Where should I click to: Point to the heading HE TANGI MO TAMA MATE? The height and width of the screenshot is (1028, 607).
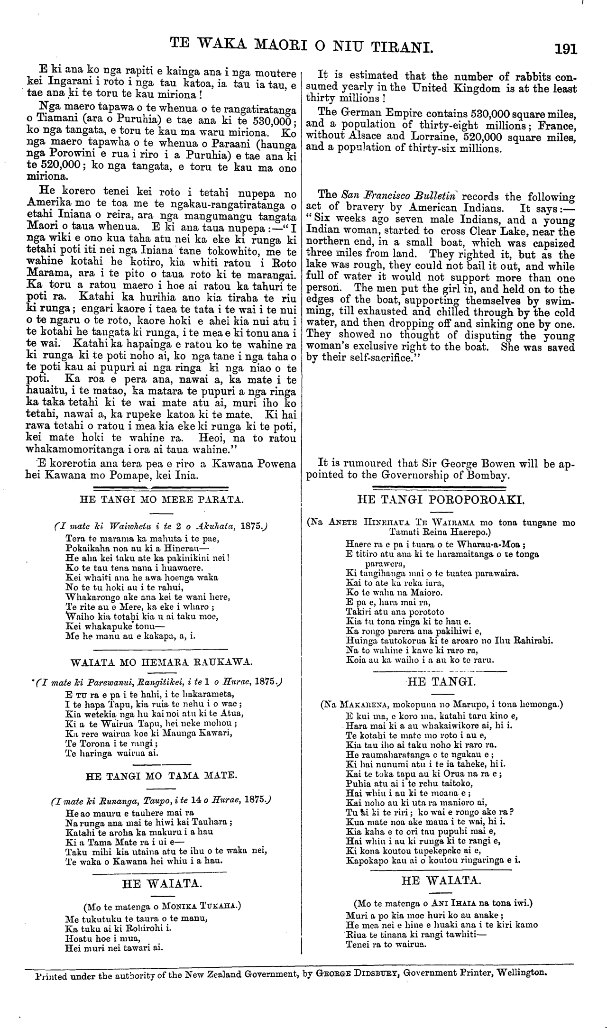pyautogui.click(x=161, y=776)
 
